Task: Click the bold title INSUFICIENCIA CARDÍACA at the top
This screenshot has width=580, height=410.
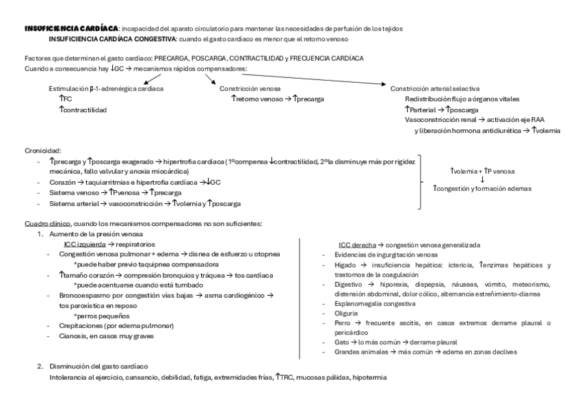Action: click(x=70, y=28)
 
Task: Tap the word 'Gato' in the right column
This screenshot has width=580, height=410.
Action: click(x=342, y=341)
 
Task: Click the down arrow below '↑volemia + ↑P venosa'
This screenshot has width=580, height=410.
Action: click(x=483, y=179)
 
